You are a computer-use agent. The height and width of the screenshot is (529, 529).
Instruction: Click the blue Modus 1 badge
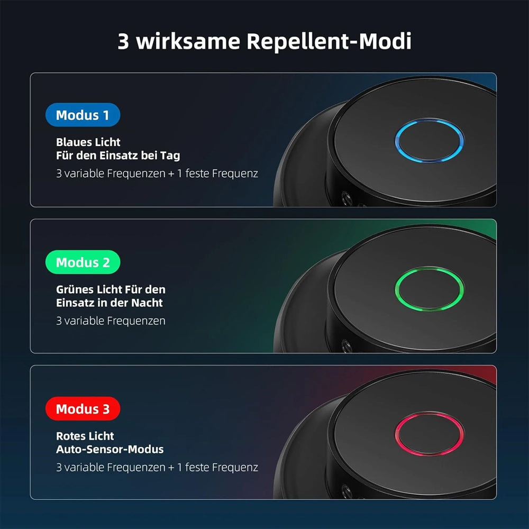point(83,115)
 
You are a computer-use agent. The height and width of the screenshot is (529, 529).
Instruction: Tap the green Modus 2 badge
point(83,262)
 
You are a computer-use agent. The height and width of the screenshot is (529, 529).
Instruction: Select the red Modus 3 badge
point(83,408)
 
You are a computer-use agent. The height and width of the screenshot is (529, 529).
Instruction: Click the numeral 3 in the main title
point(123,41)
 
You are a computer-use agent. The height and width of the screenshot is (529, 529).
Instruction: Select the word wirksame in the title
point(188,41)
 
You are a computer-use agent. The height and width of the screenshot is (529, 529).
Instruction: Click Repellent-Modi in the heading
point(329,41)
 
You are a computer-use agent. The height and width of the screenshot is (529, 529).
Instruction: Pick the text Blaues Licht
point(88,142)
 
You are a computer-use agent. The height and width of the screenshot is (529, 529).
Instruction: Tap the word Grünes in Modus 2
point(75,289)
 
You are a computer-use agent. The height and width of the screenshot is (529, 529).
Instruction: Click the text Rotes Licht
point(85,436)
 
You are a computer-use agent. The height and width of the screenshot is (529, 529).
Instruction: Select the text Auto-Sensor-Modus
point(110,449)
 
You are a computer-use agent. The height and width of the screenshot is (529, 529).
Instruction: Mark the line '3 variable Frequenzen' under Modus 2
point(111,321)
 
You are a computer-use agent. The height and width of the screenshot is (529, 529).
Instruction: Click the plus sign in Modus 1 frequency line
point(171,174)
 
